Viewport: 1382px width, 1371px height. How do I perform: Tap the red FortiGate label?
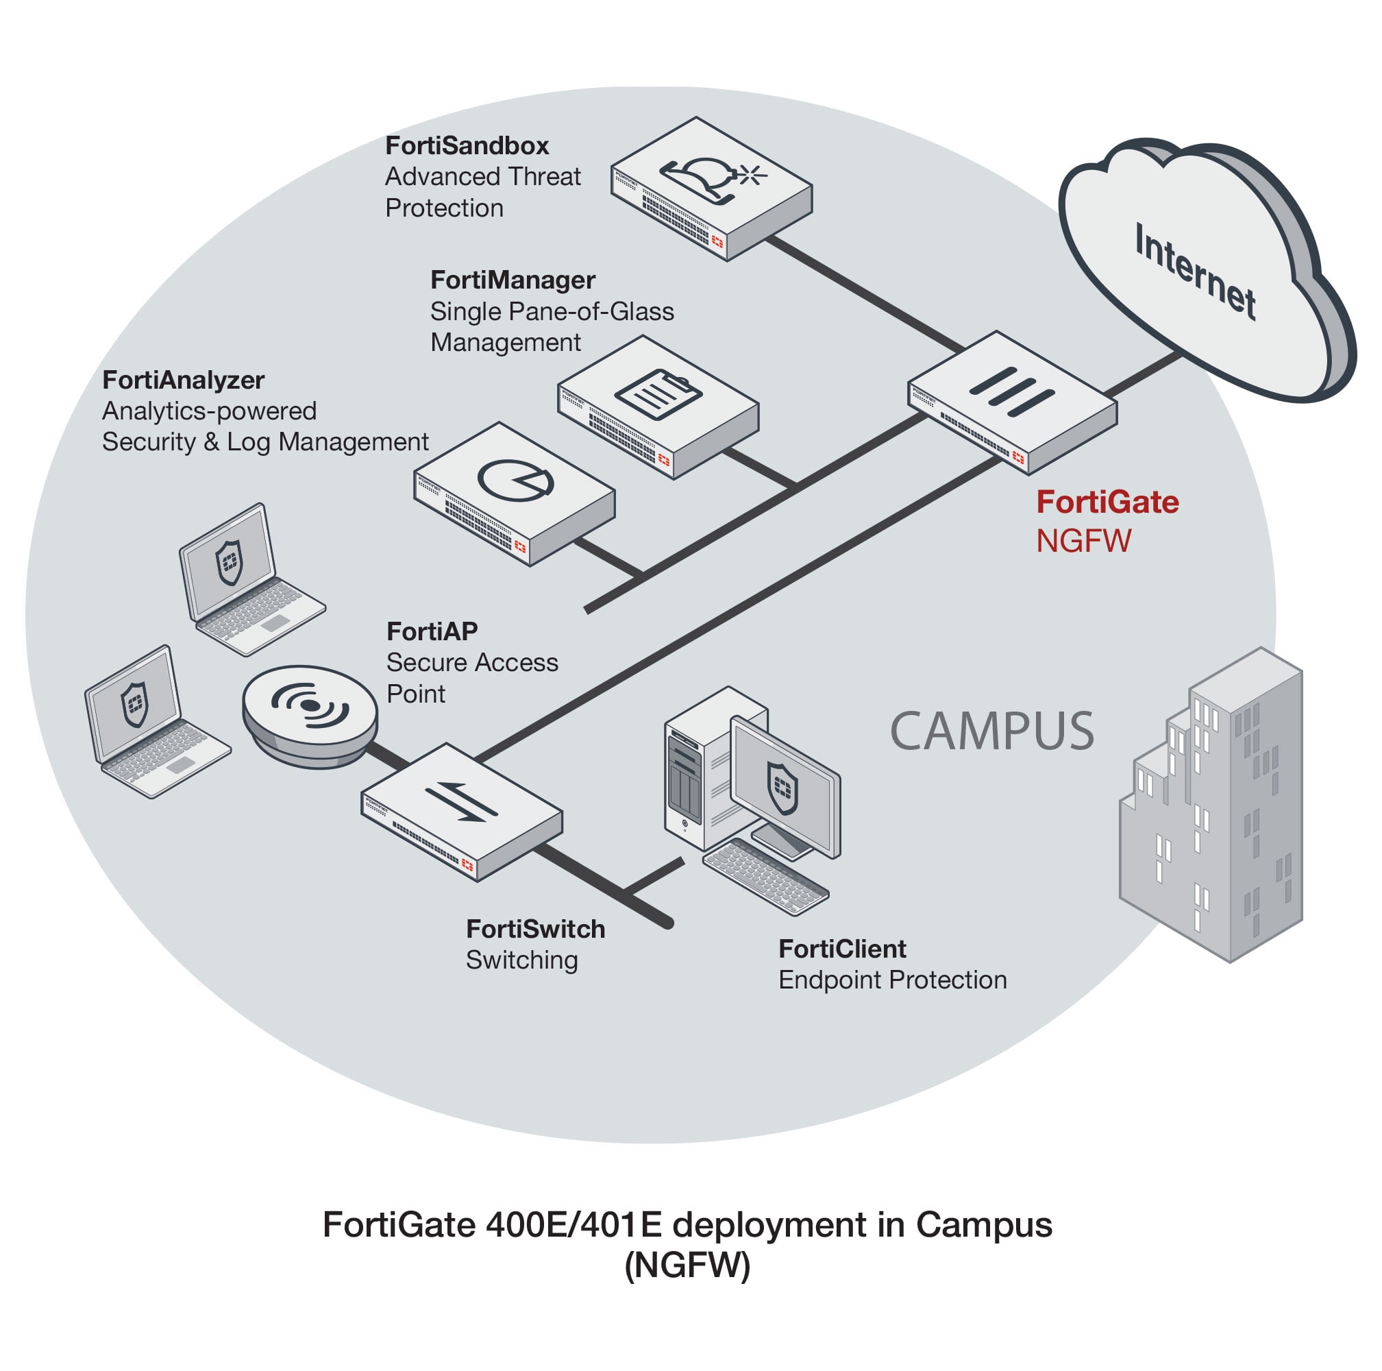(1107, 502)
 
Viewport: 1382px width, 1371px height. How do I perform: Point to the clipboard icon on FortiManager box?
(658, 393)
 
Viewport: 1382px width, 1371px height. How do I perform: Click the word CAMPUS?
(991, 731)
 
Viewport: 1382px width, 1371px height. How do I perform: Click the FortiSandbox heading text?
(467, 146)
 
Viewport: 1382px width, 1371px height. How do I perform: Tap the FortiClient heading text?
(842, 949)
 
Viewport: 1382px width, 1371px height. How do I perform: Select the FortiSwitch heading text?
(535, 929)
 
